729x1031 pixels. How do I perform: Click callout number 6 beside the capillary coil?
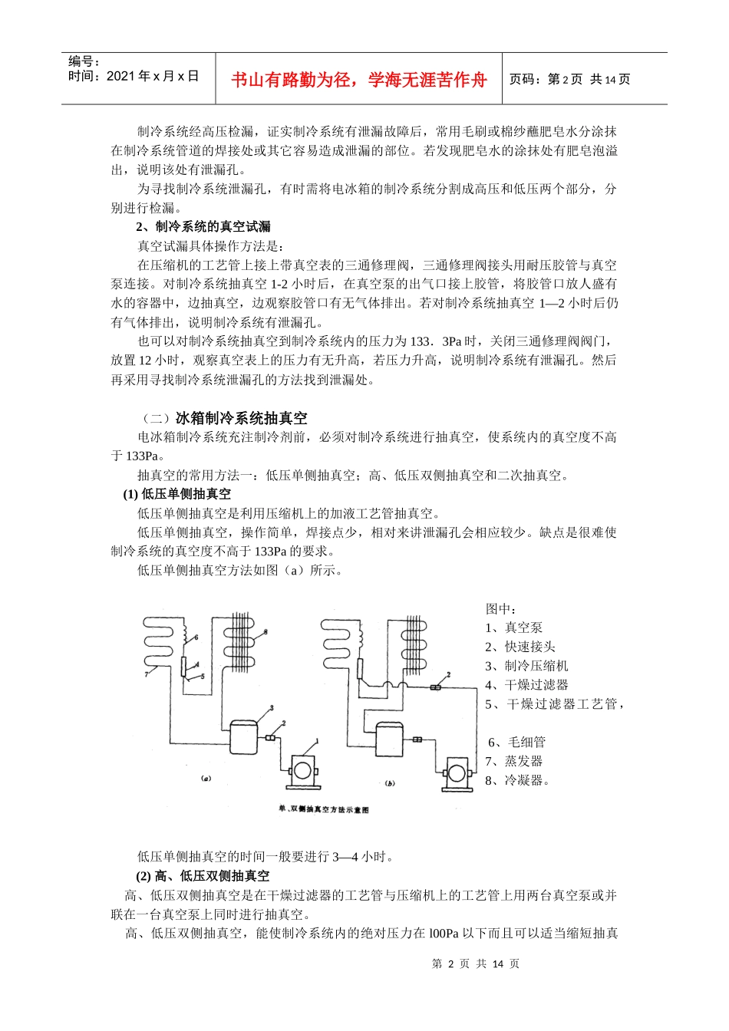(x=196, y=637)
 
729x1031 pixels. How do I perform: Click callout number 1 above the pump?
(x=316, y=741)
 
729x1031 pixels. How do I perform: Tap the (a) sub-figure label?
(x=205, y=778)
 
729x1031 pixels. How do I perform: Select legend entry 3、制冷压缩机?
(x=526, y=666)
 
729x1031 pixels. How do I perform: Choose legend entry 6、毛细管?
(x=516, y=742)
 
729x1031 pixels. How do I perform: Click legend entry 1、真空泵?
(x=513, y=627)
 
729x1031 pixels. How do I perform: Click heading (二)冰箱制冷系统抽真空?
(x=225, y=418)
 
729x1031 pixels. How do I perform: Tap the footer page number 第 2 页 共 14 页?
(x=476, y=963)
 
